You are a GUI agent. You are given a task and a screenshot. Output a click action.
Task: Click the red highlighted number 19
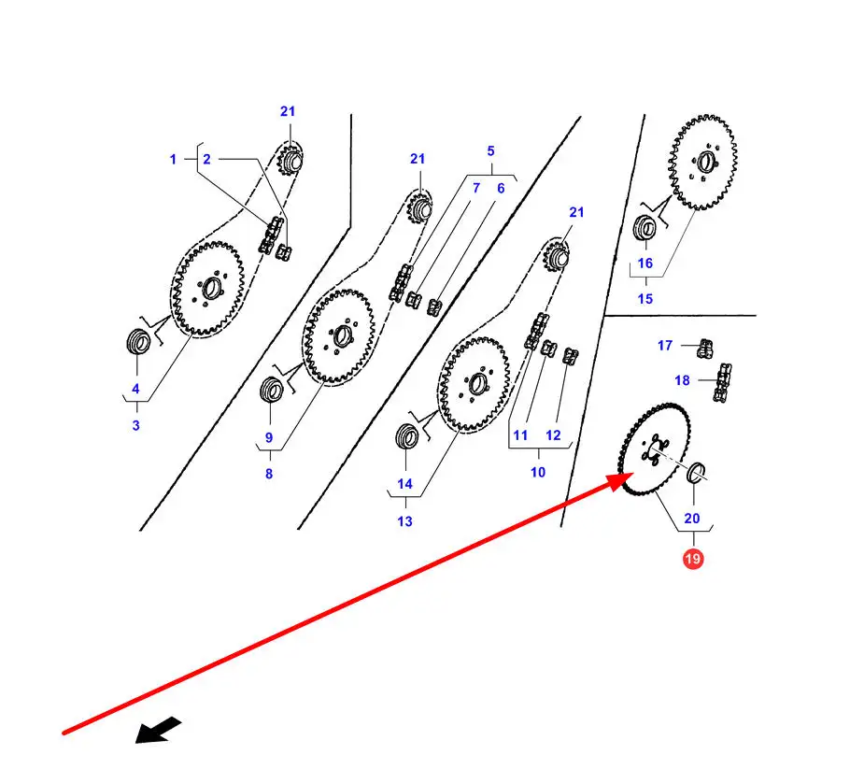693,559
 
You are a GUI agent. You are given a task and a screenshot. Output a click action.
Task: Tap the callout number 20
691,519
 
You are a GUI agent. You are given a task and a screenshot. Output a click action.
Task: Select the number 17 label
664,346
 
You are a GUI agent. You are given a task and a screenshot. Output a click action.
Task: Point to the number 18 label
682,380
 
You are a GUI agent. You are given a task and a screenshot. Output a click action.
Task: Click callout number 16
645,263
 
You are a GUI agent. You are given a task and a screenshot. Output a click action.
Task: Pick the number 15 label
645,299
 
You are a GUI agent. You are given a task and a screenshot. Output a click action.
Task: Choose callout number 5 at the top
489,150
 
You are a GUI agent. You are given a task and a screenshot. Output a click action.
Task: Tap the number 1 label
173,160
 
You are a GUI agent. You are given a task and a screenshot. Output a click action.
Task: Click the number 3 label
135,426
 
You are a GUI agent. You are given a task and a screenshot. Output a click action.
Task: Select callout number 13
404,521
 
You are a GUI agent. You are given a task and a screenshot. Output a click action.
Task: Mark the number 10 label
538,472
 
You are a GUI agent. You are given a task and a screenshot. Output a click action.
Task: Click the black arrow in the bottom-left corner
152,730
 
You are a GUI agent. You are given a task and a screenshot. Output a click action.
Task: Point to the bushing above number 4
138,342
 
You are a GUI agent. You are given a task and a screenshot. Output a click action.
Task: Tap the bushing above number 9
272,388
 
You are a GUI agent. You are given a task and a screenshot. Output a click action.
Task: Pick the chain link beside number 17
704,349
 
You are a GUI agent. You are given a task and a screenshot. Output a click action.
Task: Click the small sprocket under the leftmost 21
290,160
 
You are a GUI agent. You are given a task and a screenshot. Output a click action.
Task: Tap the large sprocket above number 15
702,163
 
